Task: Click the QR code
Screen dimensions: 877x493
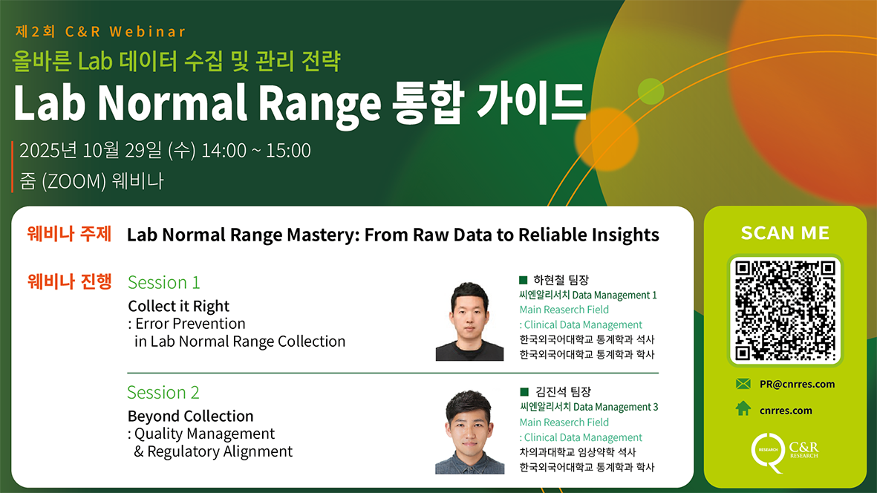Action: click(x=785, y=310)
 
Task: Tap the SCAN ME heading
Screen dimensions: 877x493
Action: click(x=785, y=233)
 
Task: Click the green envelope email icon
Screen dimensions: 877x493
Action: click(x=743, y=383)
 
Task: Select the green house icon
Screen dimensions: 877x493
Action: click(x=743, y=408)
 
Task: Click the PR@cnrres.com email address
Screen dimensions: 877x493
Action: click(x=797, y=384)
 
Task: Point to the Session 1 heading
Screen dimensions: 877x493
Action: click(x=164, y=282)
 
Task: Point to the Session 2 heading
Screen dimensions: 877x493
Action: click(x=163, y=392)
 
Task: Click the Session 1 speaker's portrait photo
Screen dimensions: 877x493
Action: click(x=469, y=321)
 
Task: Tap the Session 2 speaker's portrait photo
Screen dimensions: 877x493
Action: click(x=469, y=432)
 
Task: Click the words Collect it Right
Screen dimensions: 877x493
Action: click(x=178, y=307)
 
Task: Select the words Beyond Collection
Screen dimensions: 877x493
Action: click(x=191, y=416)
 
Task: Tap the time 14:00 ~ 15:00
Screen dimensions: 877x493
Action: click(x=256, y=151)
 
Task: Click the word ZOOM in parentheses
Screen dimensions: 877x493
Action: click(x=74, y=181)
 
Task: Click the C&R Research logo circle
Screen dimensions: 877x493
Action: click(x=768, y=451)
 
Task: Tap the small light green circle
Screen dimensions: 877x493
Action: click(x=651, y=91)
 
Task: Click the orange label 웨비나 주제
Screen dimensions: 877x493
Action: click(x=69, y=234)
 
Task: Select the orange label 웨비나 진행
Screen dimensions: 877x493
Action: click(x=69, y=281)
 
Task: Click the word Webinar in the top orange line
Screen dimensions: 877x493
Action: click(x=148, y=32)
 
